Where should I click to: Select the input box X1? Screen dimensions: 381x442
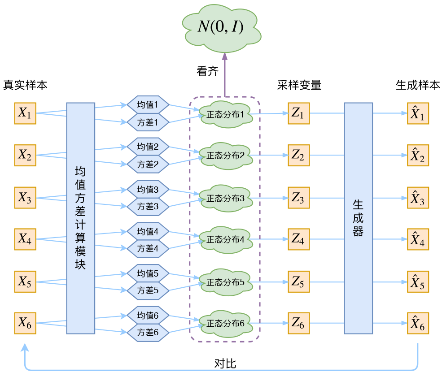pyautogui.click(x=25, y=113)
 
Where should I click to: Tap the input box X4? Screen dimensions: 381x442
pyautogui.click(x=25, y=239)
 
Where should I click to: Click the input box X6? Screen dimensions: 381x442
pyautogui.click(x=25, y=323)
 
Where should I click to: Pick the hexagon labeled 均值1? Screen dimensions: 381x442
pyautogui.click(x=148, y=105)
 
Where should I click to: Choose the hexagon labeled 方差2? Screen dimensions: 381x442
pyautogui.click(x=148, y=164)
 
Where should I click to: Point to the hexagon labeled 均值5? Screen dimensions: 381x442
pyautogui.click(x=148, y=273)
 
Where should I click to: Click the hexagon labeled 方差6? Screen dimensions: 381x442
pyautogui.click(x=148, y=332)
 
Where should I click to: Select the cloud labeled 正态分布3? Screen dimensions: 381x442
pyautogui.click(x=225, y=198)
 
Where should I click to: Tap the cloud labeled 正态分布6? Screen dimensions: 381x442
pyautogui.click(x=225, y=323)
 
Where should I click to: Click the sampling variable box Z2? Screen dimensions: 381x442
pyautogui.click(x=298, y=156)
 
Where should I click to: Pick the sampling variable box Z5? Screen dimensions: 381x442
pyautogui.click(x=298, y=282)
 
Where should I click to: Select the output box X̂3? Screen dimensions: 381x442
pyautogui.click(x=418, y=198)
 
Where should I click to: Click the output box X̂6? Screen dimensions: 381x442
pyautogui.click(x=418, y=323)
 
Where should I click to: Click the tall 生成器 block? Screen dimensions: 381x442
pyautogui.click(x=358, y=218)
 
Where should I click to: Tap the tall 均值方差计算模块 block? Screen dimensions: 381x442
pyautogui.click(x=80, y=218)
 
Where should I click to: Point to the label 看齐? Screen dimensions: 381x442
pyautogui.click(x=207, y=71)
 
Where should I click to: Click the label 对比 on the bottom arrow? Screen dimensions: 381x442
pyautogui.click(x=225, y=364)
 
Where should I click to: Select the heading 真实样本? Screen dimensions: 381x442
pyautogui.click(x=25, y=85)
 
